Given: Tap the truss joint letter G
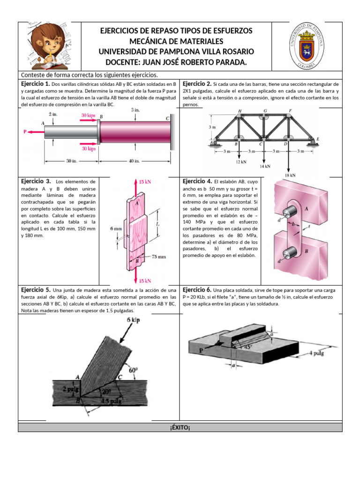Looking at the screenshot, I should (x=265, y=111).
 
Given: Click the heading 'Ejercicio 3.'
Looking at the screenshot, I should (x=36, y=181).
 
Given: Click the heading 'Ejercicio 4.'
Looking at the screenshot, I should (x=197, y=181).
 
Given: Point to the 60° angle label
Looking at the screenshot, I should (x=134, y=370).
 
